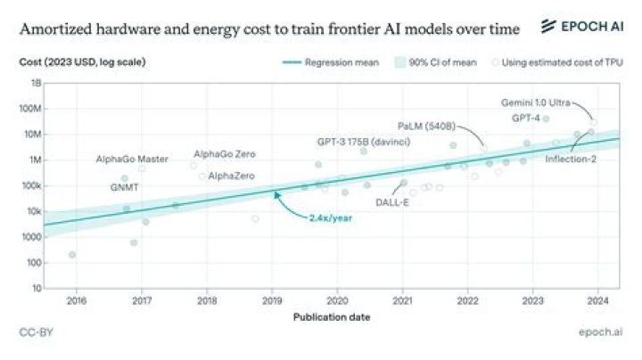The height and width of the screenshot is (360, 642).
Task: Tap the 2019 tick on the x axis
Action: tap(272, 301)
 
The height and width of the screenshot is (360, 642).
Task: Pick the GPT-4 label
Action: tap(525, 118)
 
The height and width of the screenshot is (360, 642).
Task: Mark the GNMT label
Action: tap(124, 188)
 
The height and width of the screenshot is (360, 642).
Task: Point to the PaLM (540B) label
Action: tap(426, 127)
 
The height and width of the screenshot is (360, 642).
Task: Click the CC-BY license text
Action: tap(34, 332)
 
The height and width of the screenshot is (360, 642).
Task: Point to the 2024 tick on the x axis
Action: tap(598, 301)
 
